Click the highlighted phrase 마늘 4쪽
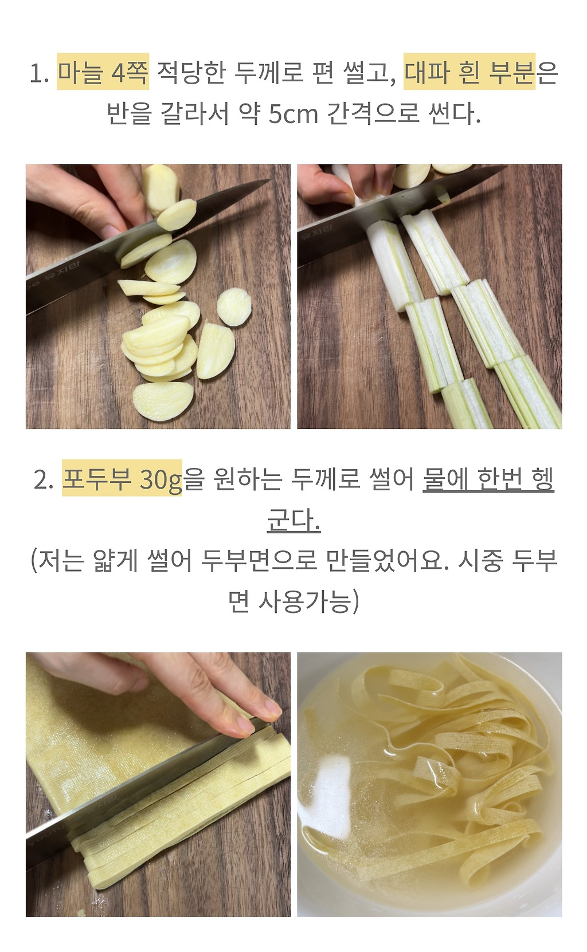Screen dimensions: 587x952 tap(103, 72)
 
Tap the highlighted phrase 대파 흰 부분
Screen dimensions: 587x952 tap(469, 72)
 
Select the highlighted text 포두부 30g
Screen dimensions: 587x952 tap(122, 478)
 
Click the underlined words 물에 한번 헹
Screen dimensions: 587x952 tap(488, 478)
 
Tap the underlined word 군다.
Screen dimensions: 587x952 tap(293, 520)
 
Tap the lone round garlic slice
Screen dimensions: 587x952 tap(234, 307)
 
